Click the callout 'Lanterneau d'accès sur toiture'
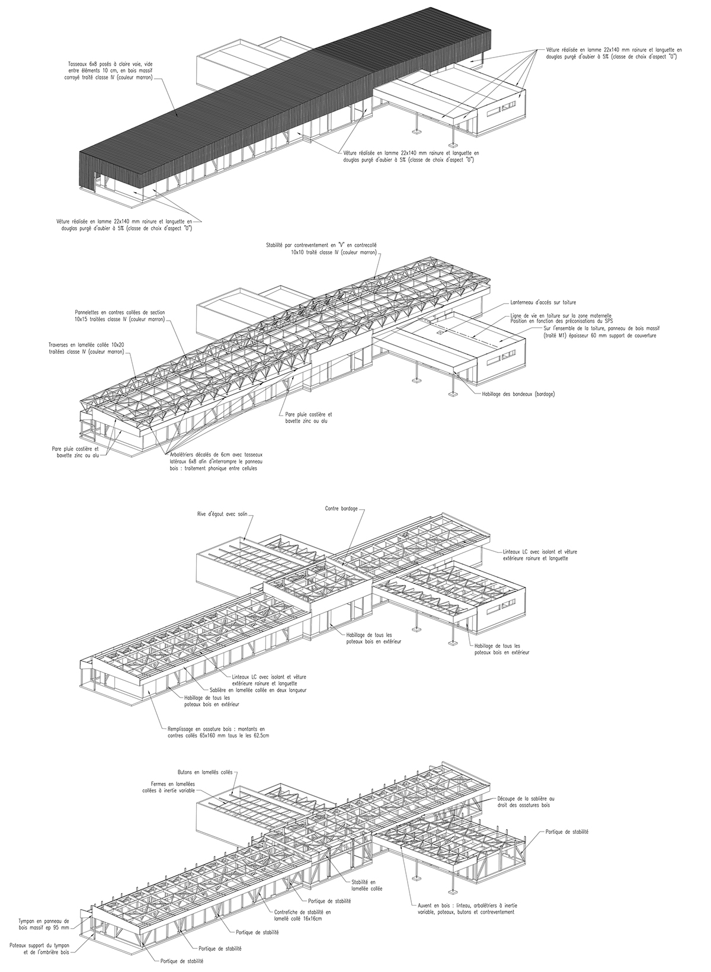pyautogui.click(x=535, y=302)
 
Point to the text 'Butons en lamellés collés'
pyautogui.click(x=205, y=773)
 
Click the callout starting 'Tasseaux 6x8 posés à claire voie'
pyautogui.click(x=110, y=71)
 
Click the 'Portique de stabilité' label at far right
pyautogui.click(x=563, y=832)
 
